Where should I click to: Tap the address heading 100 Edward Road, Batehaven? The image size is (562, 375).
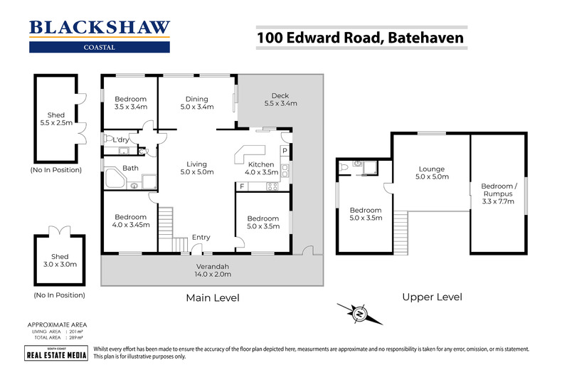click(x=360, y=36)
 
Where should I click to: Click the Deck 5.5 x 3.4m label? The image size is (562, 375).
click(x=280, y=100)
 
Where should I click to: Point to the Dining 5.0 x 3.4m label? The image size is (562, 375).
click(x=196, y=104)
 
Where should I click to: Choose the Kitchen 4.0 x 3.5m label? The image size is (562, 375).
click(x=260, y=168)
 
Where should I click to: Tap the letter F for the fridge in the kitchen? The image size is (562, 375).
click(x=242, y=186)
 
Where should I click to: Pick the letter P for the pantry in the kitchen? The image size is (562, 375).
click(x=284, y=151)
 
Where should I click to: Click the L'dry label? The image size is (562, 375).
click(x=121, y=140)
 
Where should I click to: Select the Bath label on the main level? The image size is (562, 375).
click(x=130, y=169)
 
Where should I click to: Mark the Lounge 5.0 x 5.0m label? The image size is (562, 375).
click(x=433, y=173)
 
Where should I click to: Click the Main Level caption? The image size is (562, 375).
click(x=212, y=297)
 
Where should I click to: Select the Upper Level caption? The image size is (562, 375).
click(x=432, y=297)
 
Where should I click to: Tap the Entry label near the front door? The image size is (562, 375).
click(x=201, y=238)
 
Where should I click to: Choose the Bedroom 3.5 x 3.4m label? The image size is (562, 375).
click(x=130, y=104)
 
